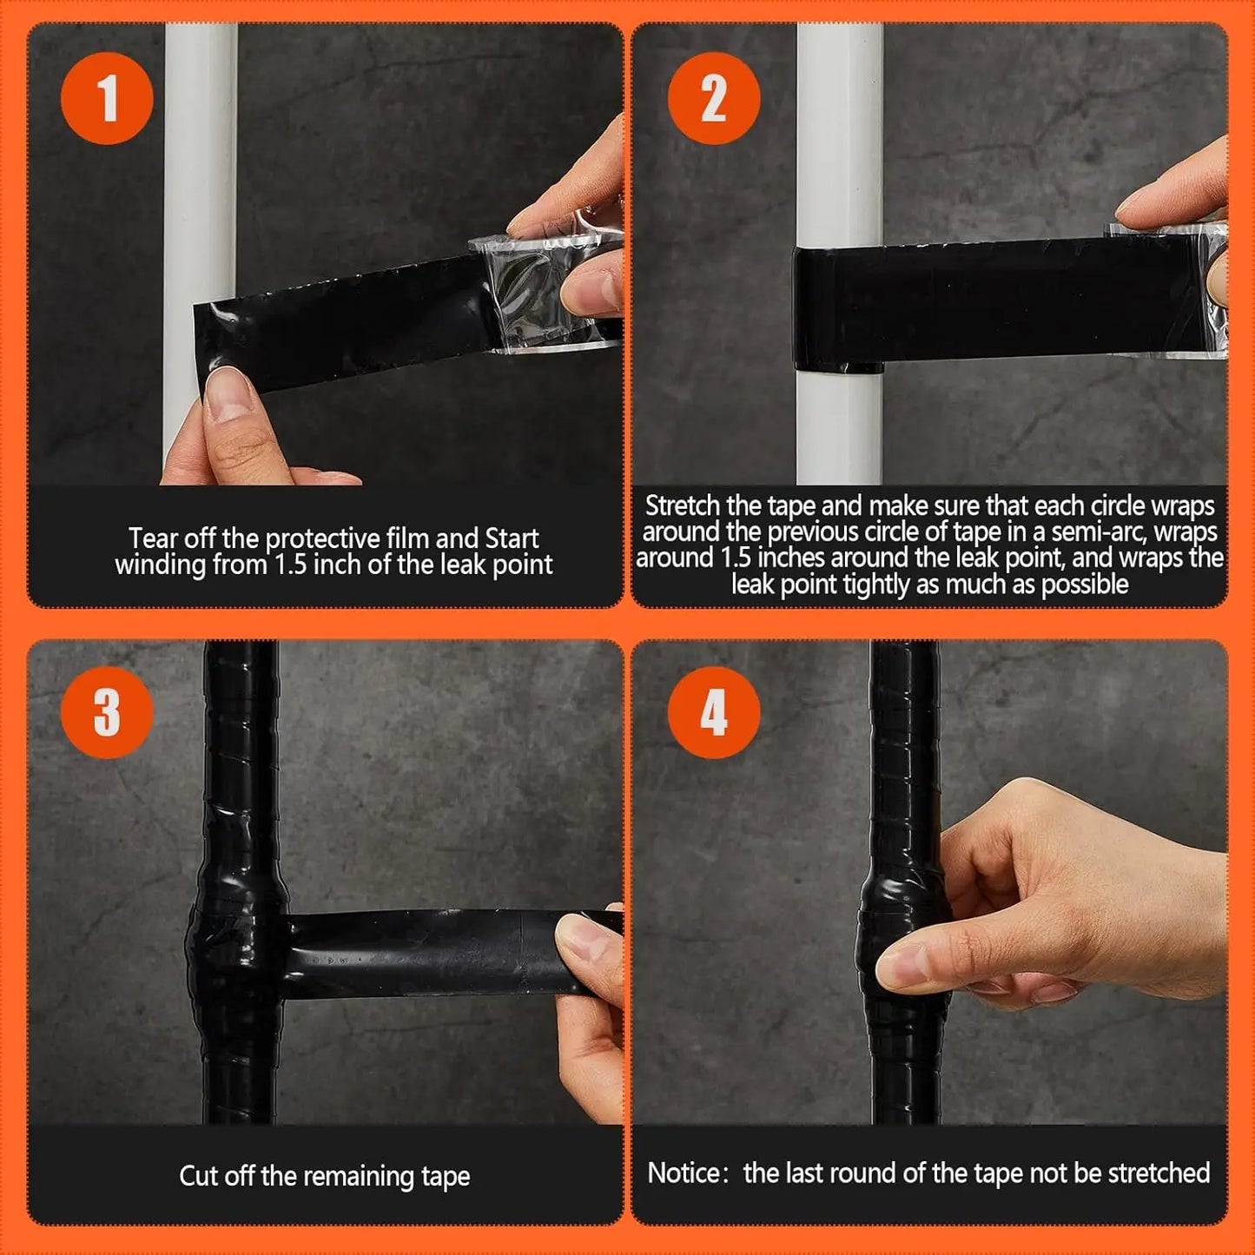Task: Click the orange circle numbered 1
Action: (107, 98)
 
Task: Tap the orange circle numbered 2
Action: (713, 98)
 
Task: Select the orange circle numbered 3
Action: (107, 713)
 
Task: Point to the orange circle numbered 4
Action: (713, 713)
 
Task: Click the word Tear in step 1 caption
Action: (154, 538)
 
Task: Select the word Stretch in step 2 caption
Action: (683, 505)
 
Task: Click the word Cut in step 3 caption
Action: (198, 1176)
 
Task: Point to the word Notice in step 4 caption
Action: (684, 1173)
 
